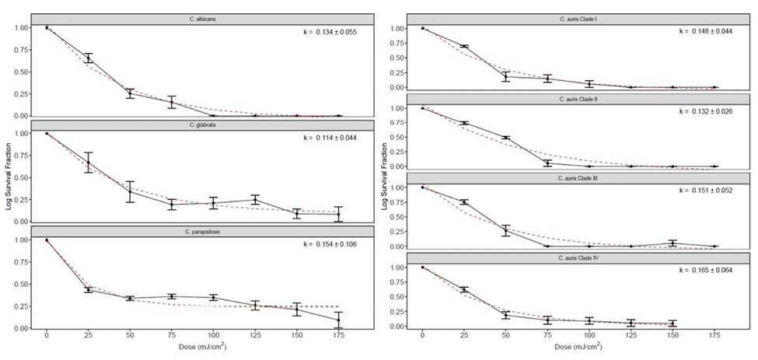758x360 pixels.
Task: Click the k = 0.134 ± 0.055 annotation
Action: pos(330,33)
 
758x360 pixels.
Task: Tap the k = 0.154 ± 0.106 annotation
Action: pos(330,245)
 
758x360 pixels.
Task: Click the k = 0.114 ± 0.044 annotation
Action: pos(330,138)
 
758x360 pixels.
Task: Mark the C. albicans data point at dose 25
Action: pos(89,58)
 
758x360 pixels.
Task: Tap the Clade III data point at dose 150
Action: pos(673,243)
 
